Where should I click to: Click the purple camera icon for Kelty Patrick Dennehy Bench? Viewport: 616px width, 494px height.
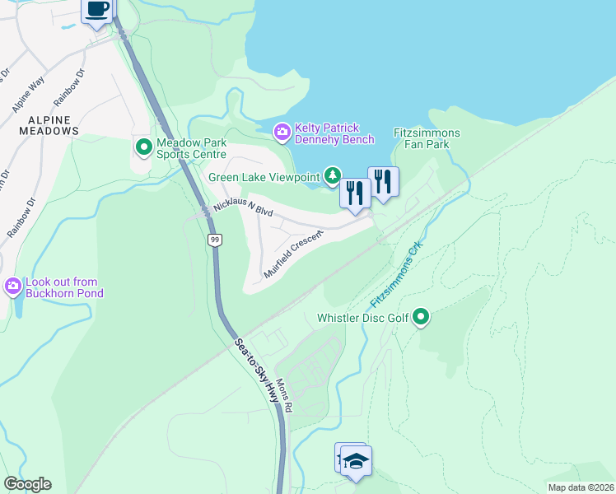[x=282, y=130]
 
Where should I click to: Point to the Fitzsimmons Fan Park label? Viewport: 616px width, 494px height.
[x=427, y=138]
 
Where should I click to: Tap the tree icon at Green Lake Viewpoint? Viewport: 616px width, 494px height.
[x=332, y=175]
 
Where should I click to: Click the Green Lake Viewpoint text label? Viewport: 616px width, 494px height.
[x=264, y=177]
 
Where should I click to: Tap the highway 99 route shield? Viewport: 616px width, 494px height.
[x=214, y=240]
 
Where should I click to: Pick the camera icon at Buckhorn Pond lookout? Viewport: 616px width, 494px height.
[x=12, y=287]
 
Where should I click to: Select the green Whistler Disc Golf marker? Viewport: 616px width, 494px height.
[x=421, y=317]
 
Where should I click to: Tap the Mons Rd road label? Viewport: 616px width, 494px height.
[x=285, y=396]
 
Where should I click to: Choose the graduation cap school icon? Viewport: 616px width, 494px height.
[x=356, y=462]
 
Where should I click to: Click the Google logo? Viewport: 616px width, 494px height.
[x=28, y=484]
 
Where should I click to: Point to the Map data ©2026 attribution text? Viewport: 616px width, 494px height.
[x=580, y=487]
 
